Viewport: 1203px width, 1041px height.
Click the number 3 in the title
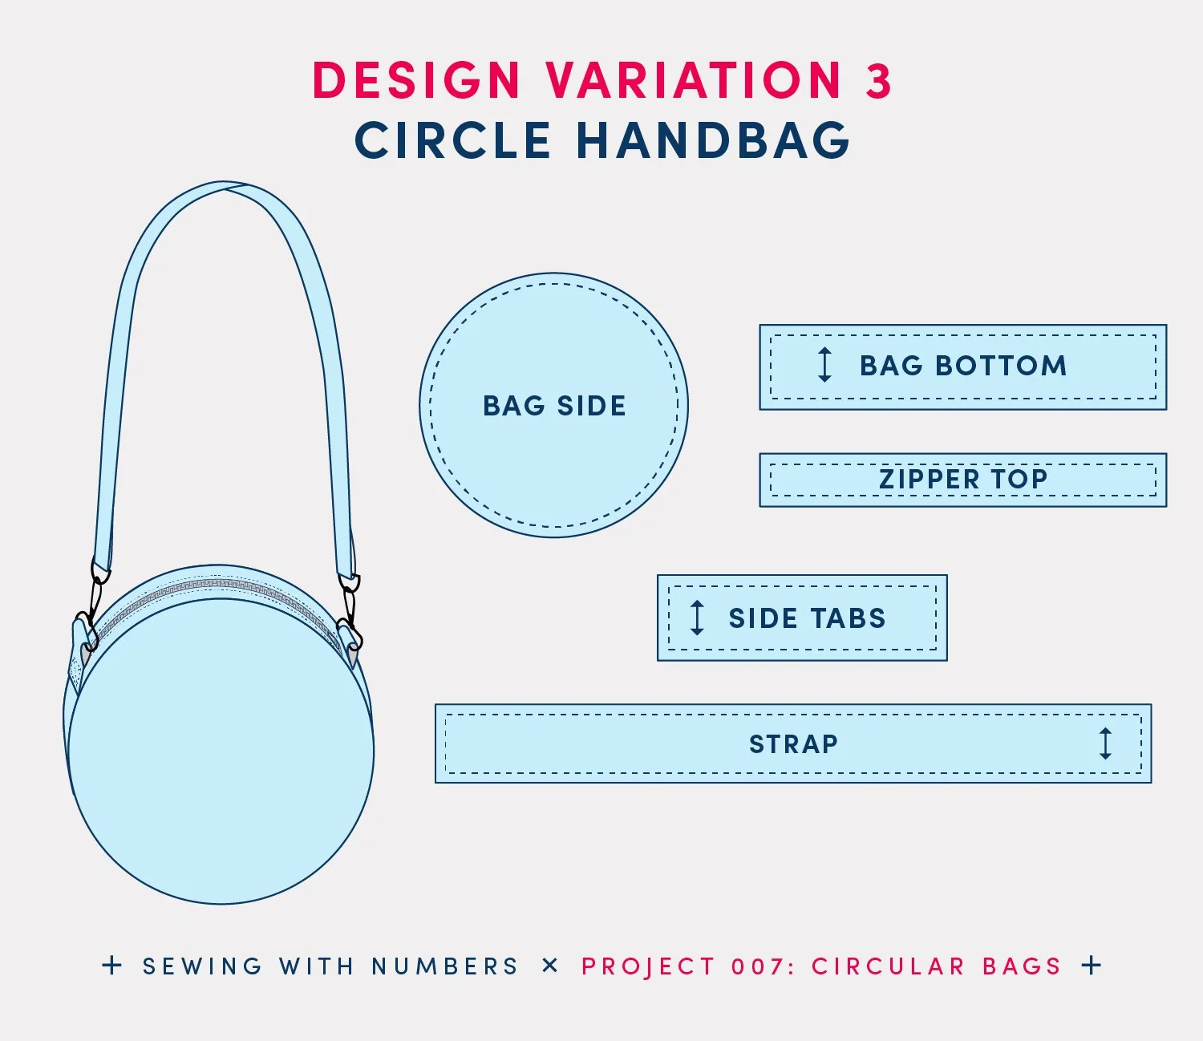[x=878, y=81]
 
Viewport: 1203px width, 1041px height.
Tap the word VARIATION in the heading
[x=694, y=81]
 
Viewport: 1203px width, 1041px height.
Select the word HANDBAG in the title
[x=713, y=140]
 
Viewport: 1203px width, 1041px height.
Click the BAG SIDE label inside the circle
[x=554, y=406]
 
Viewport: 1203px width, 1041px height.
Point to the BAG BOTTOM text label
[x=963, y=366]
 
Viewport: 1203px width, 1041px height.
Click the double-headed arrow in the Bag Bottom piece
[x=824, y=365]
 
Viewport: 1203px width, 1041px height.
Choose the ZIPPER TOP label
[x=963, y=480]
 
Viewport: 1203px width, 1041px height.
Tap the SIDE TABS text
[x=807, y=618]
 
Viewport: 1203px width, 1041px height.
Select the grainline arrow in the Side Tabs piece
[x=697, y=618]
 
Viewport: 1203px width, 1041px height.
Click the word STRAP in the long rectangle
[x=793, y=744]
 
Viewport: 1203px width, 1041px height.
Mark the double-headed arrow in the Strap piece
[x=1105, y=743]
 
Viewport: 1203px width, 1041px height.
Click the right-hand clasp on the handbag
[x=350, y=614]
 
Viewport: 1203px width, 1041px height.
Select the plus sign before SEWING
[x=112, y=966]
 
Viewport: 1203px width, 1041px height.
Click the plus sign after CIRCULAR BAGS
[x=1092, y=965]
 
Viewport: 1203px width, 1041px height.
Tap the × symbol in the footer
[x=549, y=966]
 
